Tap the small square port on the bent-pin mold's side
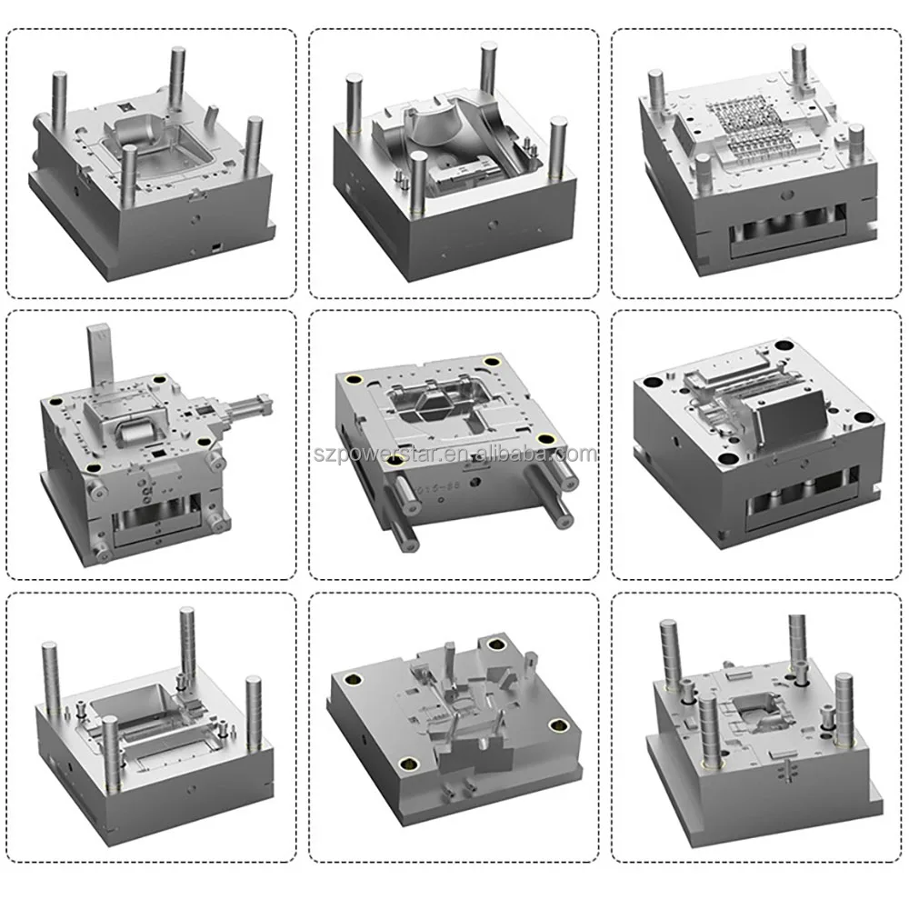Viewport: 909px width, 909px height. (x=215, y=247)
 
